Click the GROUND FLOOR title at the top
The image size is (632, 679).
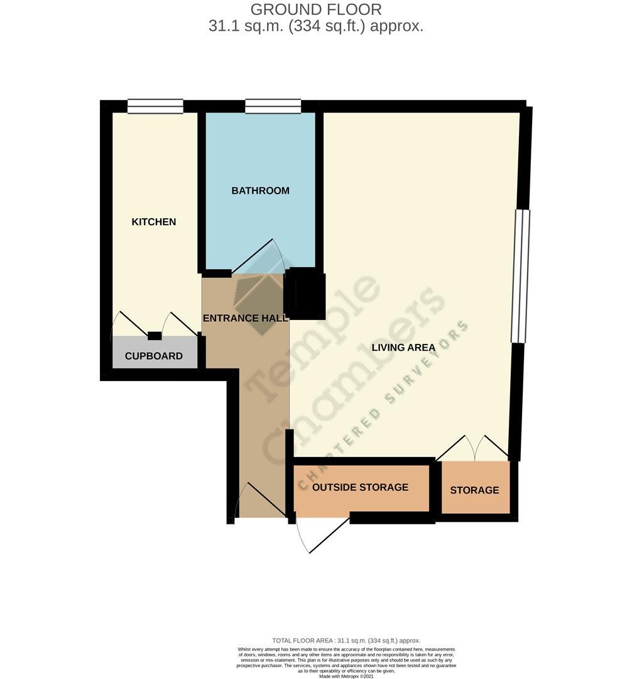(x=315, y=9)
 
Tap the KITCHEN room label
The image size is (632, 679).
(x=153, y=222)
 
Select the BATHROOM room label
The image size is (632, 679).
(x=260, y=190)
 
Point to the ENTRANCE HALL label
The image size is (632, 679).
(x=245, y=318)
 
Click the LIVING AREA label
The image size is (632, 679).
(x=403, y=347)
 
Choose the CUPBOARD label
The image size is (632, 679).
(x=154, y=356)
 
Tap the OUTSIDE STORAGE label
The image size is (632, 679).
(x=360, y=487)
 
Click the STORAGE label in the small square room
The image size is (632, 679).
(x=474, y=490)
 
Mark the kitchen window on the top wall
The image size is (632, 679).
(x=155, y=106)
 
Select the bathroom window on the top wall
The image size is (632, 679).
(x=273, y=106)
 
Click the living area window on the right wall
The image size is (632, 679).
(x=521, y=276)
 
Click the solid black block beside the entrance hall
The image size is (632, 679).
(x=306, y=294)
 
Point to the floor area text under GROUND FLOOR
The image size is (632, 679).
(x=315, y=26)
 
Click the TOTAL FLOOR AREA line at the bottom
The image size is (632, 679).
(x=346, y=641)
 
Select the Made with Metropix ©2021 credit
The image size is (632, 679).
(x=346, y=676)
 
